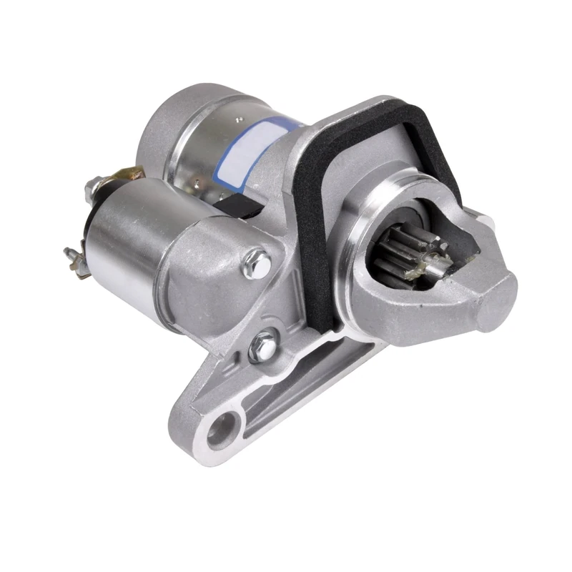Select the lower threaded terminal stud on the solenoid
click(x=72, y=254)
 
